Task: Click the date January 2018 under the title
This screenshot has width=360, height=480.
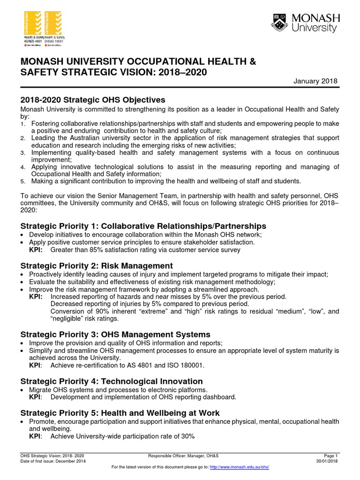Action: coord(315,81)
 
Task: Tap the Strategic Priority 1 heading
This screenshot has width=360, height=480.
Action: coord(143,226)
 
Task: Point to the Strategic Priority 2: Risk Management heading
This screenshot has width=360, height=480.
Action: coord(96,266)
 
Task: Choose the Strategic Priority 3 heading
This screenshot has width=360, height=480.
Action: coord(115,334)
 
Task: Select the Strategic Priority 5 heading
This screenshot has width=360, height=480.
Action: coord(120,413)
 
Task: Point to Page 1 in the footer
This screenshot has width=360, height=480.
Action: coord(330,456)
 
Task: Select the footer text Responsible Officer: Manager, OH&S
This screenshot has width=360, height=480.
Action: coord(183,456)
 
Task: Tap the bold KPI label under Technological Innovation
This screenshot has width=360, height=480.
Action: coord(36,397)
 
